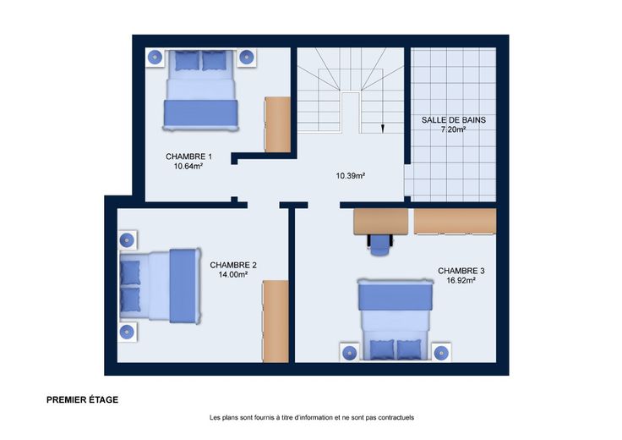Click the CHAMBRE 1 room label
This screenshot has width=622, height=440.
(188, 157)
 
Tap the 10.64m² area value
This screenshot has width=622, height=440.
(188, 167)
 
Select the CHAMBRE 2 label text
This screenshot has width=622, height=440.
(233, 265)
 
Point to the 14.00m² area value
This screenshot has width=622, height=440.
(233, 274)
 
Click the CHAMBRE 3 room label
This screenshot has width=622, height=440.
(461, 271)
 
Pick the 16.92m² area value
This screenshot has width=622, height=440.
(461, 280)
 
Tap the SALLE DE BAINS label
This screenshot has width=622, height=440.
(454, 120)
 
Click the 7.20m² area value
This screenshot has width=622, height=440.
(454, 129)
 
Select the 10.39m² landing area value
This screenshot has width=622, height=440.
(350, 175)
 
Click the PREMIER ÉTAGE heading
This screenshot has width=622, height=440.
(83, 400)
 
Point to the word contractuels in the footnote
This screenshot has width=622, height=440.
(396, 418)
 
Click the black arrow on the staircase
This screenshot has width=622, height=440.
(382, 128)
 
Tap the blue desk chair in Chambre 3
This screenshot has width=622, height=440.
(380, 245)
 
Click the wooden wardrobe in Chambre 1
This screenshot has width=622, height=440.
(277, 124)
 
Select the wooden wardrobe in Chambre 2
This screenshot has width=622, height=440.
(276, 322)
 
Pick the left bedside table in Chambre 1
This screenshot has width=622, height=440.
(155, 58)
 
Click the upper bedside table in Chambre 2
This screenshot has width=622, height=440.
(128, 239)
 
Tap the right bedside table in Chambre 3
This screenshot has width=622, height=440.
(440, 352)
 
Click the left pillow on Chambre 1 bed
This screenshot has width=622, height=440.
(187, 61)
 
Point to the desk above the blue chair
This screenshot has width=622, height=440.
(380, 222)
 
